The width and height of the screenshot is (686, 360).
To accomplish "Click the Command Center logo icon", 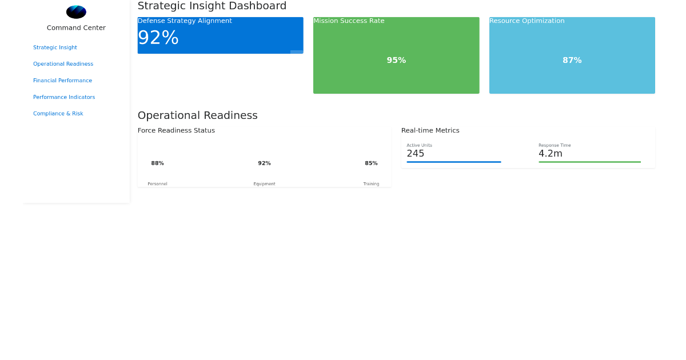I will pyautogui.click(x=76, y=12).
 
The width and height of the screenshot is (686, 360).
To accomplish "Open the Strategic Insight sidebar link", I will pyautogui.click(x=55, y=47).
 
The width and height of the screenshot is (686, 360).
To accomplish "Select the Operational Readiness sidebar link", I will pyautogui.click(x=63, y=64).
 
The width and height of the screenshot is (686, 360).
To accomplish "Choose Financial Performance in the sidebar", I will pyautogui.click(x=62, y=81).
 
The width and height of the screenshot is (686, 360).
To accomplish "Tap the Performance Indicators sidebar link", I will pyautogui.click(x=64, y=97).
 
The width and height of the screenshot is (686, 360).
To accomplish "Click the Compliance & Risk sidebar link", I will pyautogui.click(x=58, y=114).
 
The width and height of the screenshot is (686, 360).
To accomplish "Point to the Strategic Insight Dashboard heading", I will pyautogui.click(x=212, y=6).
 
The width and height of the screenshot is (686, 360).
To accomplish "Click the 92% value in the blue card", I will pyautogui.click(x=158, y=38).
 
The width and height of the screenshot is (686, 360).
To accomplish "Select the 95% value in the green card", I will pyautogui.click(x=396, y=60).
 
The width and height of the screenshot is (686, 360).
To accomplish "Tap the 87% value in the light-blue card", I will pyautogui.click(x=572, y=60).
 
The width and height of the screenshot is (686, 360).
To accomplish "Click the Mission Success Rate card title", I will pyautogui.click(x=349, y=21).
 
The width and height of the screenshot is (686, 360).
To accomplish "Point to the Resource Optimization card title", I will pyautogui.click(x=527, y=21).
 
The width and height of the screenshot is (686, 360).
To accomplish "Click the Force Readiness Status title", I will pyautogui.click(x=176, y=130).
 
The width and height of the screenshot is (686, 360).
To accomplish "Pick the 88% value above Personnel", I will pyautogui.click(x=157, y=163).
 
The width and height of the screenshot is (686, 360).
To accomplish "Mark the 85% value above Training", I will pyautogui.click(x=371, y=163).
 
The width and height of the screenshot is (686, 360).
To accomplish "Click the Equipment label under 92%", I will pyautogui.click(x=264, y=184).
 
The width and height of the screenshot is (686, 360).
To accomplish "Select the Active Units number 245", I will pyautogui.click(x=416, y=154).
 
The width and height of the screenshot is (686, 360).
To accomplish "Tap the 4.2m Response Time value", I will pyautogui.click(x=551, y=154).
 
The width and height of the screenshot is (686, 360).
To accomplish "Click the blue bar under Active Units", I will pyautogui.click(x=453, y=162).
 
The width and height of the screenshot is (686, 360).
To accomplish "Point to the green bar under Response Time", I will pyautogui.click(x=589, y=162).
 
